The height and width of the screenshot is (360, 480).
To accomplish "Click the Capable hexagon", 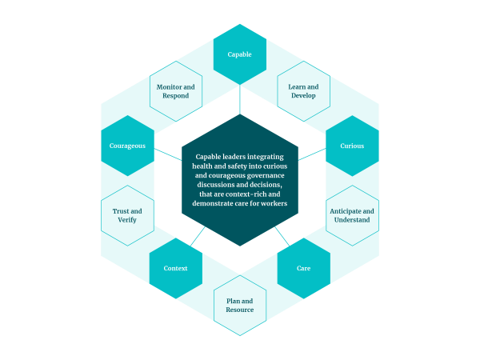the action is [x=240, y=54].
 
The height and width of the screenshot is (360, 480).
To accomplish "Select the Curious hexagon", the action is [x=352, y=146].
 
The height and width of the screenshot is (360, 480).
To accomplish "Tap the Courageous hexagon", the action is [x=127, y=146].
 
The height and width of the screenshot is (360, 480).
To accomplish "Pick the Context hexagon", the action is [x=176, y=268].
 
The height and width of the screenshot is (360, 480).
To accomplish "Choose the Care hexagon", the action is [x=304, y=268].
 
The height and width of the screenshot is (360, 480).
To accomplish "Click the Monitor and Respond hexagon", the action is [x=176, y=91].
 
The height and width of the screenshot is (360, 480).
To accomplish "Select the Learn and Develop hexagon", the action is [x=304, y=91].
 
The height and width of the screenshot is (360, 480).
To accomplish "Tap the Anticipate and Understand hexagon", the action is [x=352, y=215].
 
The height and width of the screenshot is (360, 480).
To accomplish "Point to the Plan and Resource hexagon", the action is [x=240, y=306].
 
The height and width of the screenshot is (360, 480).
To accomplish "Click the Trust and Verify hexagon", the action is [x=127, y=215].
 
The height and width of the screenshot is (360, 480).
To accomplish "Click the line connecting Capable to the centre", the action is [x=240, y=99].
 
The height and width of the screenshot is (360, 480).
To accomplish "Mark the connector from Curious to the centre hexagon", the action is [x=312, y=154].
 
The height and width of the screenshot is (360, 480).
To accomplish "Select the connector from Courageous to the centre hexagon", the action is [x=168, y=154].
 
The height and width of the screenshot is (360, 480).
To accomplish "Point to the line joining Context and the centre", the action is [x=198, y=236].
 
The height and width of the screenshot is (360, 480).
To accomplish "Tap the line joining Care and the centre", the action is [x=282, y=236].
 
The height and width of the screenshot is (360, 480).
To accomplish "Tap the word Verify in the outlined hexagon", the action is [x=127, y=220].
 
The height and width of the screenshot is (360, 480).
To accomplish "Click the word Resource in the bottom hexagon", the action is [x=240, y=310].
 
